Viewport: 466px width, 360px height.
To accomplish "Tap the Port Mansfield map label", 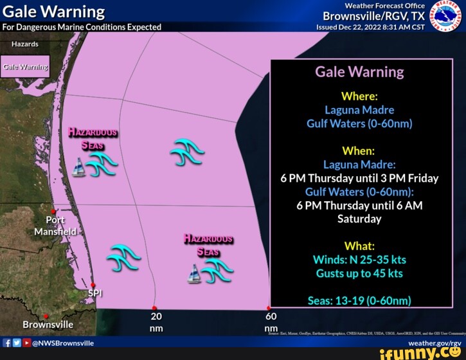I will (x=55, y=226).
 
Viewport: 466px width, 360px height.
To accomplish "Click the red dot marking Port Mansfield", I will (x=54, y=211).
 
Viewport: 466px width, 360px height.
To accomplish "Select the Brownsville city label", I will (x=48, y=325).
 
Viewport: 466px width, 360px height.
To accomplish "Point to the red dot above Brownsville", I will (x=46, y=316).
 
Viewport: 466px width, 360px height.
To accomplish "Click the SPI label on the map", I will (x=94, y=294).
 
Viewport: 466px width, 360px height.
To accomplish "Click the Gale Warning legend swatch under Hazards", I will (x=25, y=67).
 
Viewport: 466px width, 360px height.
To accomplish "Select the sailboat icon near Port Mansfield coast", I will (x=78, y=170).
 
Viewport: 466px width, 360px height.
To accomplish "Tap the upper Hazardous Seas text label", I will (x=93, y=138).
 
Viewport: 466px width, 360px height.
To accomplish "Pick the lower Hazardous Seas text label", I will (x=208, y=245).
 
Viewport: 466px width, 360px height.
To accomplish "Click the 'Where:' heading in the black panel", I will (x=359, y=96).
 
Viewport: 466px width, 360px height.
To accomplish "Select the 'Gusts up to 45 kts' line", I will (x=359, y=274).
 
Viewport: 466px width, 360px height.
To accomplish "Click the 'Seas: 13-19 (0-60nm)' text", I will (x=359, y=301).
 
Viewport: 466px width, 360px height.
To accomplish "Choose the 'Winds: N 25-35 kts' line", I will (x=359, y=260).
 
